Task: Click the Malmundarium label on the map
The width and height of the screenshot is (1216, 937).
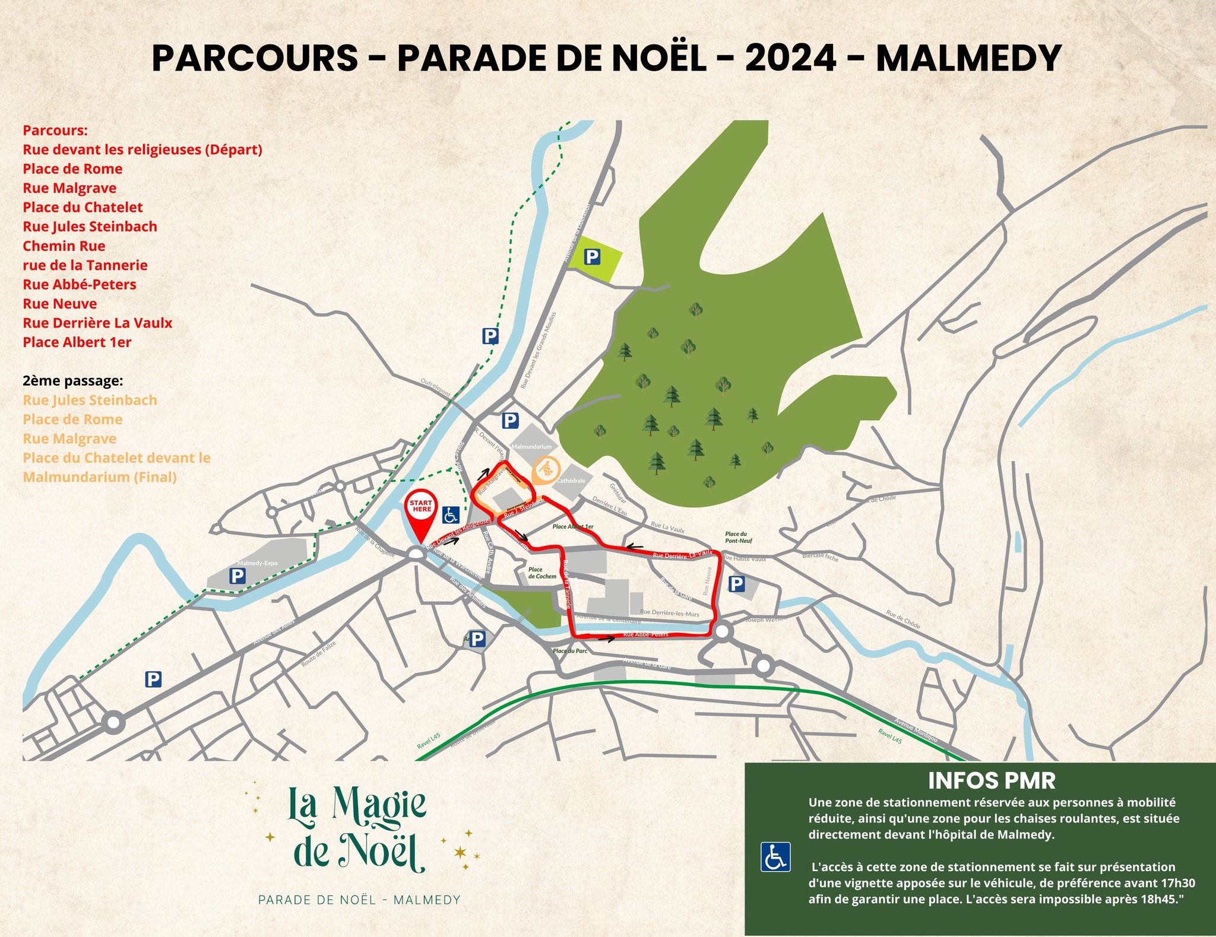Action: (x=531, y=446)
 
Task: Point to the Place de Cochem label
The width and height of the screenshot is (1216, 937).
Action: (x=542, y=573)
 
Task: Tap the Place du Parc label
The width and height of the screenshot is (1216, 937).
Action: (x=570, y=651)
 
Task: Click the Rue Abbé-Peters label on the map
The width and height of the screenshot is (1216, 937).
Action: (x=646, y=634)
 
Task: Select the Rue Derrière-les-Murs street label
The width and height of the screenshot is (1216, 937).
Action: (x=670, y=613)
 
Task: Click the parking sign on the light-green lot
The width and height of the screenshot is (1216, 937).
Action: (x=592, y=257)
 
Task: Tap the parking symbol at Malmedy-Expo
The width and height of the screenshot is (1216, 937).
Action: (x=237, y=576)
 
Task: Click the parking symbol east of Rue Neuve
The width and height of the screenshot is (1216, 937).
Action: (x=736, y=585)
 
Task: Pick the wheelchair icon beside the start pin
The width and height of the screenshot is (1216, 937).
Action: (x=451, y=514)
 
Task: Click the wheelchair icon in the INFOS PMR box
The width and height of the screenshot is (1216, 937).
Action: (x=775, y=857)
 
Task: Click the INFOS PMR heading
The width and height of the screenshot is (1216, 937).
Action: (x=992, y=780)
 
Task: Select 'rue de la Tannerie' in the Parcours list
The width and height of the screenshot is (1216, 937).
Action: (x=85, y=265)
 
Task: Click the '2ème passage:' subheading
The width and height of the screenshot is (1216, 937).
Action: (x=73, y=381)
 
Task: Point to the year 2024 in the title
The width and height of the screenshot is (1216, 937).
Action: (x=790, y=59)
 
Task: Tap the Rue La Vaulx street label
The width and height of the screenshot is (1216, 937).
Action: (x=667, y=528)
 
